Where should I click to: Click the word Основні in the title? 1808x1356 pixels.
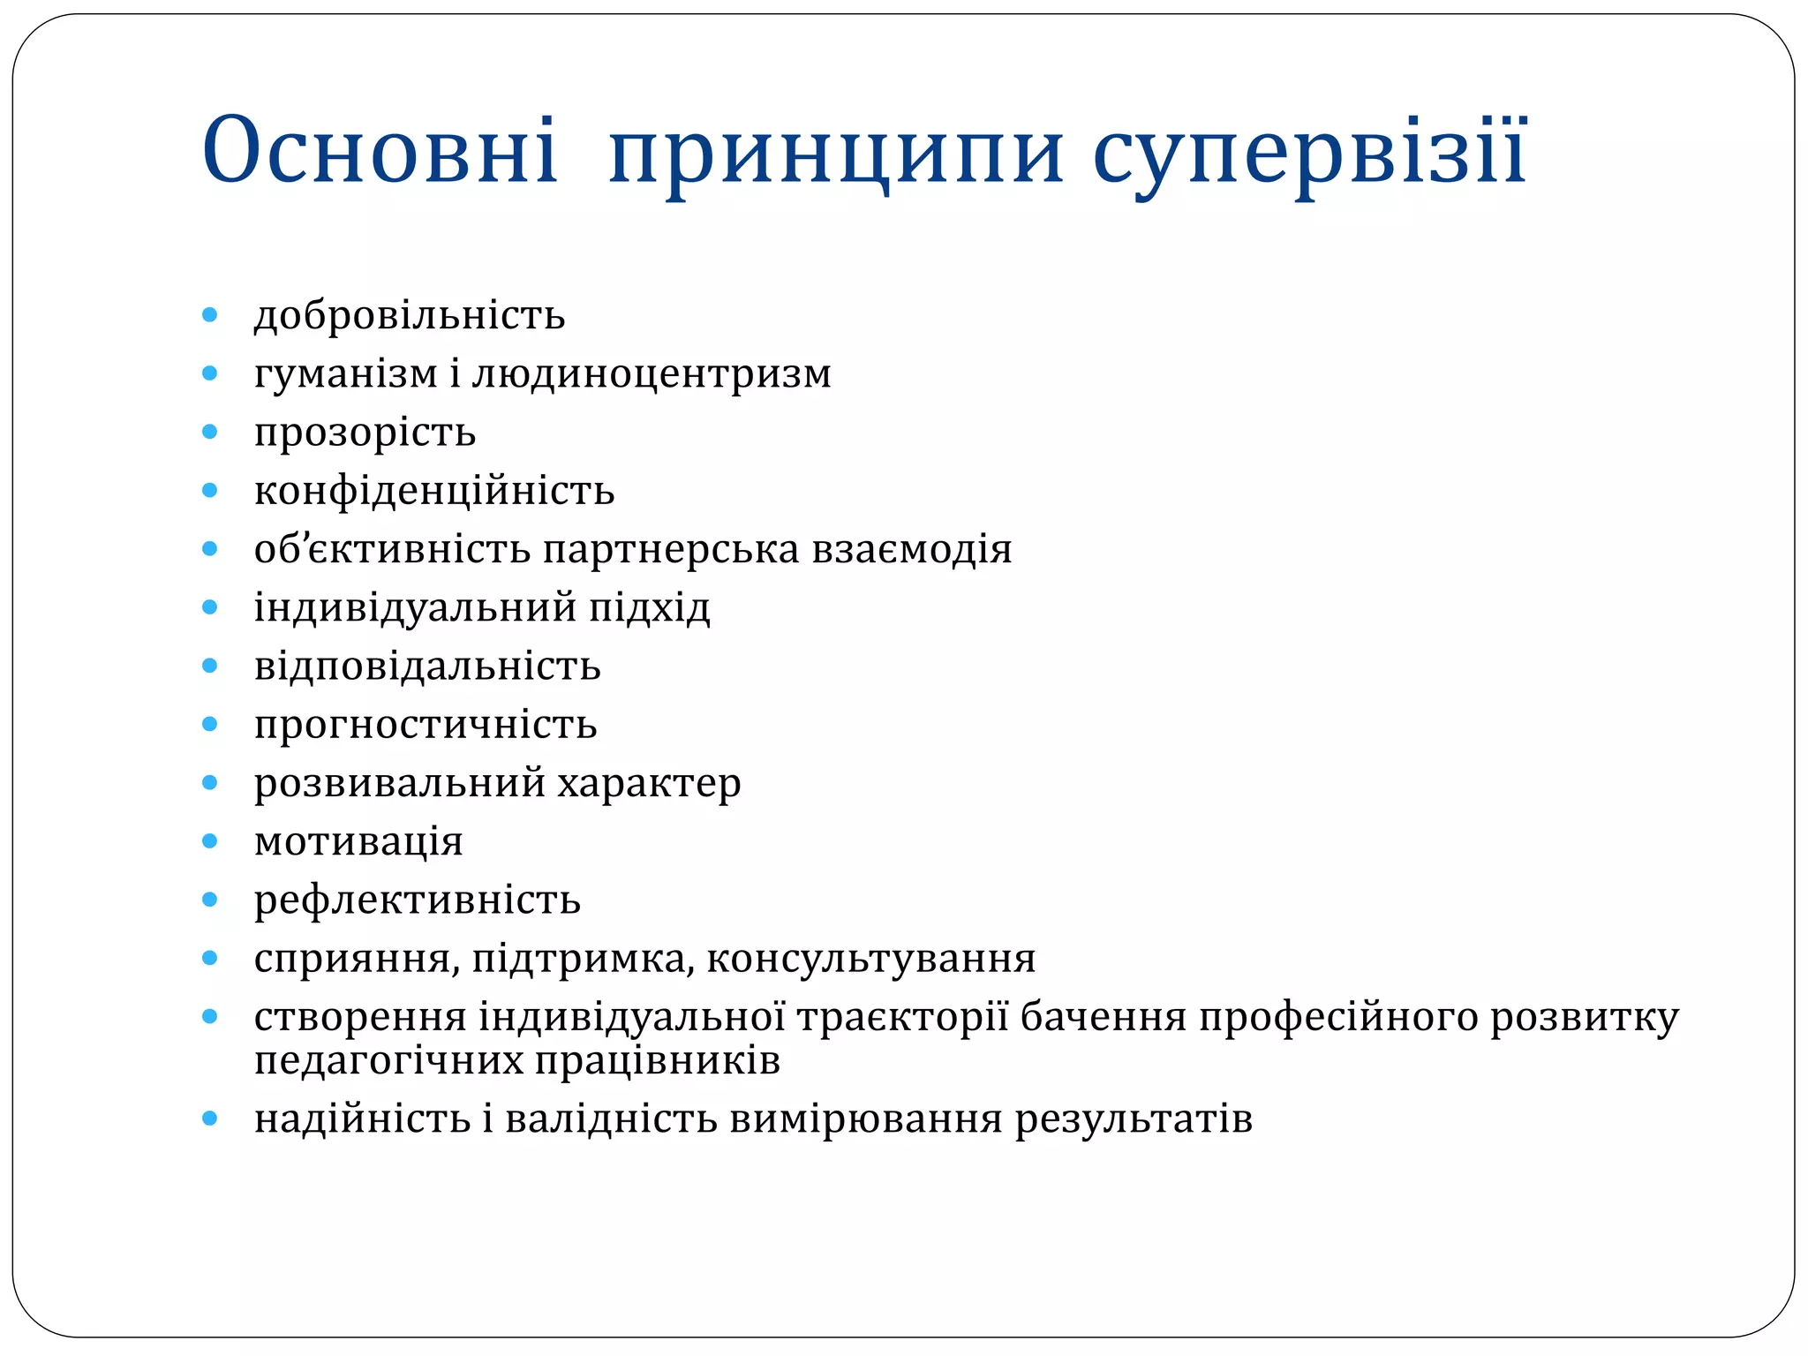click(x=380, y=150)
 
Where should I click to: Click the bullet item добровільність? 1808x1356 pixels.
click(x=410, y=315)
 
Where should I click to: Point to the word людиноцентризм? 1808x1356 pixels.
click(x=652, y=374)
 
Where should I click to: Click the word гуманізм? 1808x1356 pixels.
click(x=345, y=374)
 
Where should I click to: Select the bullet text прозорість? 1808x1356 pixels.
click(x=365, y=433)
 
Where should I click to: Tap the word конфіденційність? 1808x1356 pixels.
click(x=434, y=491)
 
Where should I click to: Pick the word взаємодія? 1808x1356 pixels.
click(x=911, y=549)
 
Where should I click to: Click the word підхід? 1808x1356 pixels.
click(x=649, y=607)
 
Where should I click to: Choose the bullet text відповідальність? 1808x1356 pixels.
click(x=427, y=666)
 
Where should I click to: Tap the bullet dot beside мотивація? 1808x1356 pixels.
click(x=209, y=840)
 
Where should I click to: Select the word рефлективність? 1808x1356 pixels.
click(x=417, y=900)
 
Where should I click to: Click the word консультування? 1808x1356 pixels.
click(x=870, y=959)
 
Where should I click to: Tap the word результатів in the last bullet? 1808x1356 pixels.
click(x=1134, y=1119)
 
